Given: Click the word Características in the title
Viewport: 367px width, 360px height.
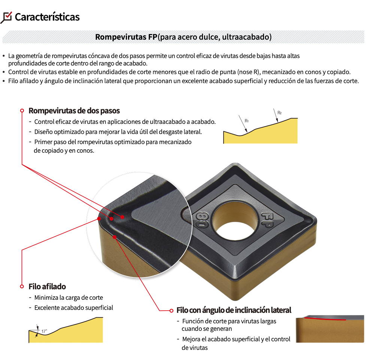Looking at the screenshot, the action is point(47,17).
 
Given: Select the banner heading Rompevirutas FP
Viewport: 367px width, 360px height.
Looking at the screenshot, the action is point(126,37).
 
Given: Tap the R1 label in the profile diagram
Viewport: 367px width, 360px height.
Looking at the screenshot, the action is point(246,121).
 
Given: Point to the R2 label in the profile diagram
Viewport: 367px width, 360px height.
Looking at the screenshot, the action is point(279,113).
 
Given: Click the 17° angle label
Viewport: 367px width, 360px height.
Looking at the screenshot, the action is point(44,331).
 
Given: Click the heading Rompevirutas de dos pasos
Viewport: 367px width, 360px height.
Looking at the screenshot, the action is point(74,111).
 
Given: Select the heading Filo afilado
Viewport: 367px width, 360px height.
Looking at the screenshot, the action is point(47,287).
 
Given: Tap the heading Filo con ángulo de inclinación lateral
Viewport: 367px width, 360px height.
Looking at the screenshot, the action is point(234,310).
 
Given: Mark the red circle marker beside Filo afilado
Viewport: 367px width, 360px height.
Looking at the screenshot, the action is point(22,286).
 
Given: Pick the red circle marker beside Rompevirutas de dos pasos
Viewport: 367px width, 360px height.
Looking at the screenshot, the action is point(22,110).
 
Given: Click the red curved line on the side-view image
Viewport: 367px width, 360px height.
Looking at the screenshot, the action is point(325,318).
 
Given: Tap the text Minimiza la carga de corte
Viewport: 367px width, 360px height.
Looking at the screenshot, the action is point(69,298).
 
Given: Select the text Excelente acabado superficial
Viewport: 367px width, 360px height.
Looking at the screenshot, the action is point(74,308).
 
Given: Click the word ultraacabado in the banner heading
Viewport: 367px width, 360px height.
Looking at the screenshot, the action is point(247,37).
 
